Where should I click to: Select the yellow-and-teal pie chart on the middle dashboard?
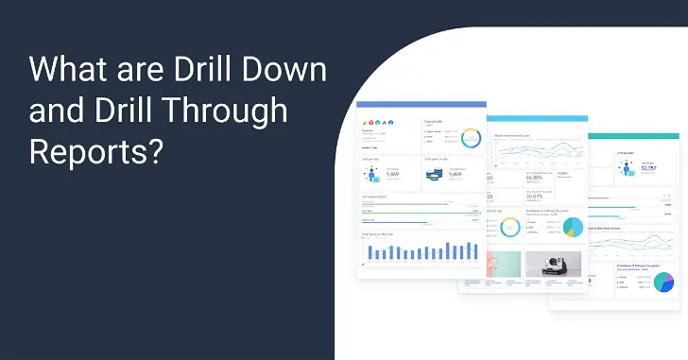pos(573,227)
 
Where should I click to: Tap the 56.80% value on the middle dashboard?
pos(536,177)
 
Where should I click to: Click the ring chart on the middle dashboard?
pos(509,227)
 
